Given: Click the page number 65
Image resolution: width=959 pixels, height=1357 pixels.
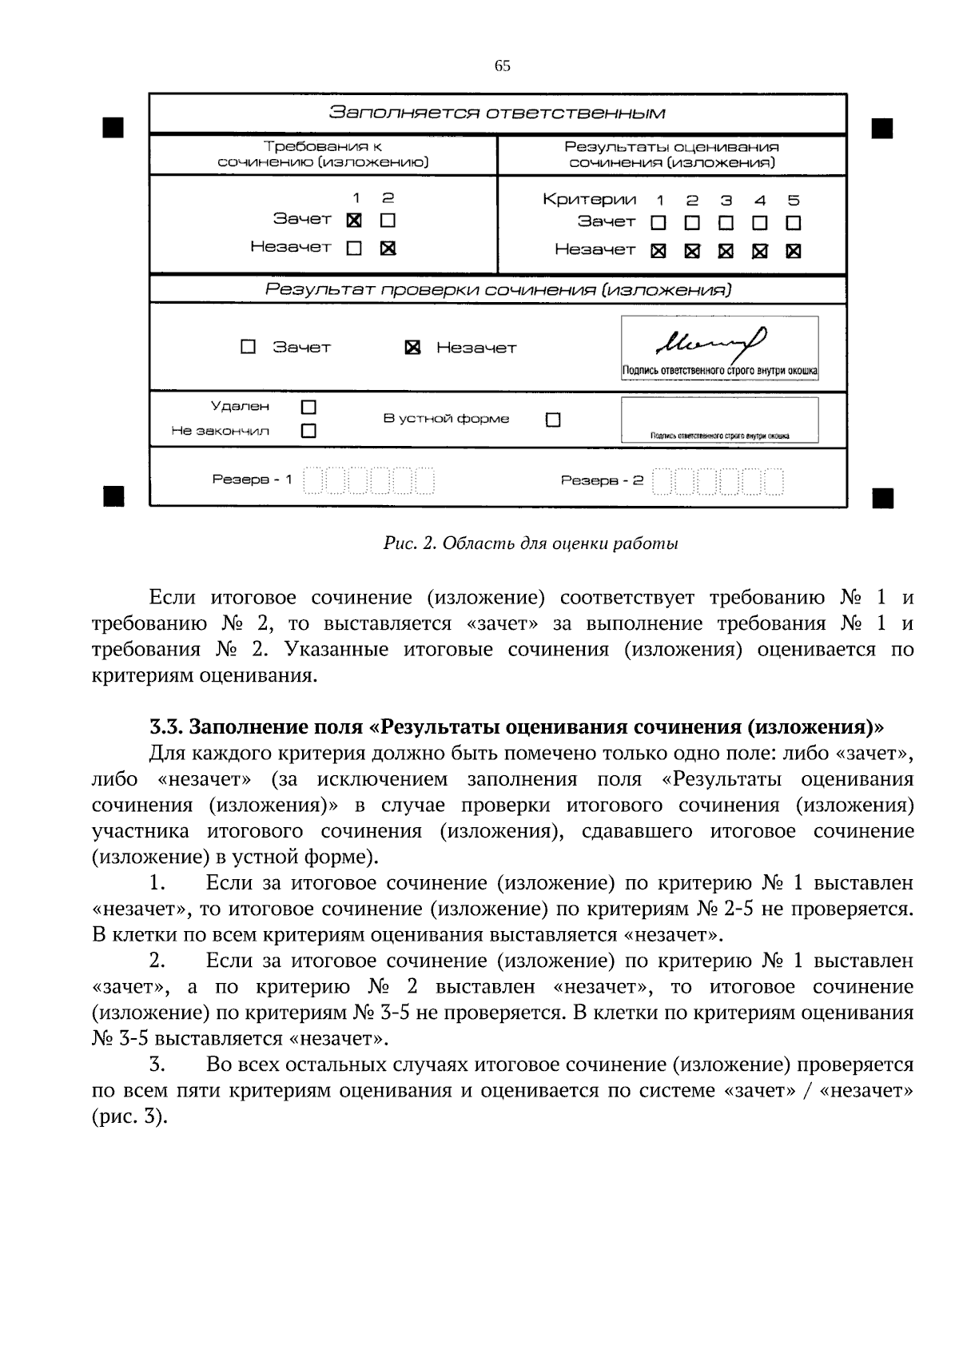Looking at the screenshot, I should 502,66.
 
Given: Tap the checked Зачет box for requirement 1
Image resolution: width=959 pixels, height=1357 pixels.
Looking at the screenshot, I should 354,220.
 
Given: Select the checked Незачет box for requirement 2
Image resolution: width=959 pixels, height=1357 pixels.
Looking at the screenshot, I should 388,248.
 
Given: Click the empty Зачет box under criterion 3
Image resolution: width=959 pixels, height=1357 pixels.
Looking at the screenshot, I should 726,222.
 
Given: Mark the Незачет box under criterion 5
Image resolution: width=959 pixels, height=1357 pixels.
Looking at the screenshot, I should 793,251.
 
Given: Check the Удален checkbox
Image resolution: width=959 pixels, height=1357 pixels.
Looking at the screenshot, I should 308,407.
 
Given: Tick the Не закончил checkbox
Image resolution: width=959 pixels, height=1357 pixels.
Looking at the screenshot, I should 308,431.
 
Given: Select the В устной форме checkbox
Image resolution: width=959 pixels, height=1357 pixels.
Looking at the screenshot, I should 553,420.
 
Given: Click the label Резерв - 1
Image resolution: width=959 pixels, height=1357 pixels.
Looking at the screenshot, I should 252,480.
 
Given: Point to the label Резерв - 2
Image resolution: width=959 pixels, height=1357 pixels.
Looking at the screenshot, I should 601,480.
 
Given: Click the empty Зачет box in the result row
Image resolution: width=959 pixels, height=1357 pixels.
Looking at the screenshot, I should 248,347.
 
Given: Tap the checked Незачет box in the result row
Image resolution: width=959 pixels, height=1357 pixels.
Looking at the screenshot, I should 412,348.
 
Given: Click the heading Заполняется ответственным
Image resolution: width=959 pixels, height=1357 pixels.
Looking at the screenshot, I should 497,113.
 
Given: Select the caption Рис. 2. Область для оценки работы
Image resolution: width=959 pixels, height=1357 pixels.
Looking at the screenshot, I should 531,544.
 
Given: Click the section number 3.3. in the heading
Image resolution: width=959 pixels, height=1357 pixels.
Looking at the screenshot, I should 166,727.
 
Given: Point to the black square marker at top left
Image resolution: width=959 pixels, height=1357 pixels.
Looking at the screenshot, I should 113,127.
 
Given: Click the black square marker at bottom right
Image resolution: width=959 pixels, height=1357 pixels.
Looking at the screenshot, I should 882,498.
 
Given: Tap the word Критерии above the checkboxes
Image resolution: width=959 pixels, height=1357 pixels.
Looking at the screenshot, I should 589,200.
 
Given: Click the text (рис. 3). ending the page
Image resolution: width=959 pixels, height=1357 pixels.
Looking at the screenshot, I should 129,1116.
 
